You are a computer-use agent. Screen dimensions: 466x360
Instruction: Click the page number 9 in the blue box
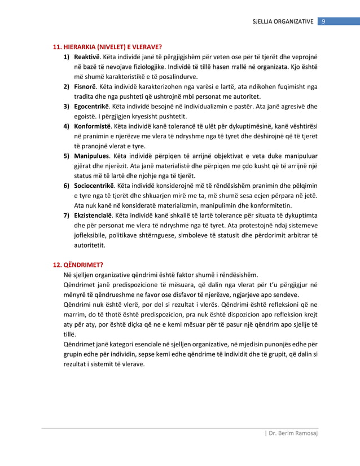pos(324,21)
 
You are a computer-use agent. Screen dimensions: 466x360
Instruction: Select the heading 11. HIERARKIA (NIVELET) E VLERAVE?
pos(107,46)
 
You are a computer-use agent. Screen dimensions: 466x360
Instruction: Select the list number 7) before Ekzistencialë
pos(66,216)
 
